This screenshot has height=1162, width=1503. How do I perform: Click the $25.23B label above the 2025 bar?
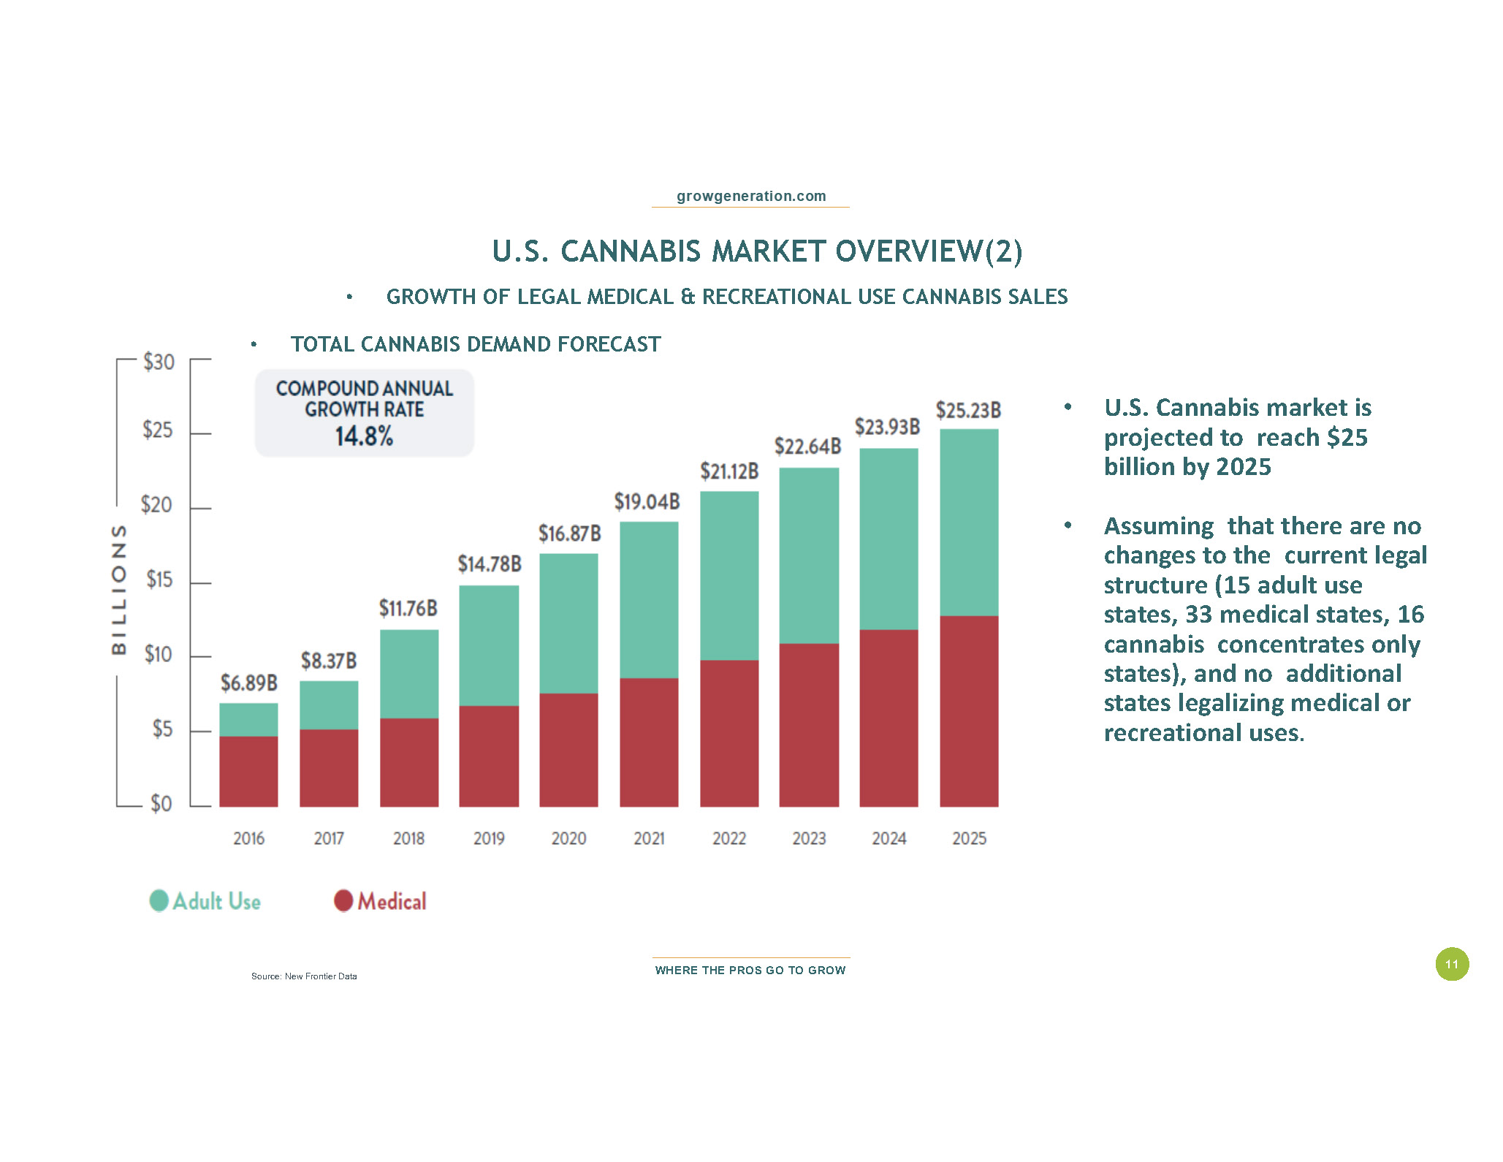tap(968, 411)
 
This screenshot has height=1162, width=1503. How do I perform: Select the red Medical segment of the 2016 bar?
tap(248, 771)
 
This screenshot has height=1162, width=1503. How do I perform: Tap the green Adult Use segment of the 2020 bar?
tap(568, 623)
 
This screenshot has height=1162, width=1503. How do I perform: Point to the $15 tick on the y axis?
tap(159, 580)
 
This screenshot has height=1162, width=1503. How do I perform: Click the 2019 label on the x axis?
tap(489, 838)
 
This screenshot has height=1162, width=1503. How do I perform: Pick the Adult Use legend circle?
tap(159, 900)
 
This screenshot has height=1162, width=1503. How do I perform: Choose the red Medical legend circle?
tap(343, 900)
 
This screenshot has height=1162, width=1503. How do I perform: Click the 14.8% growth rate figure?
tap(364, 436)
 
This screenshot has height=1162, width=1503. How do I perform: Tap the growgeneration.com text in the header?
tap(751, 196)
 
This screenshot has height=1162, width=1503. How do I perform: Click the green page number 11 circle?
tap(1452, 964)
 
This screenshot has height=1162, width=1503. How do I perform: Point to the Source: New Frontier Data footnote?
tap(304, 976)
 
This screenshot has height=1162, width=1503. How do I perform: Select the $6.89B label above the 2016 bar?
tap(249, 683)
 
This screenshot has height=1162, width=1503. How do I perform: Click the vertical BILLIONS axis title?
tap(118, 589)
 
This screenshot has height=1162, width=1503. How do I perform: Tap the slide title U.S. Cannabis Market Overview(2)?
tap(757, 251)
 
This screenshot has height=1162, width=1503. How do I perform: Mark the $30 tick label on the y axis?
tap(159, 362)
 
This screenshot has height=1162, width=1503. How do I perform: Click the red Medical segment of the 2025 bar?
tap(969, 710)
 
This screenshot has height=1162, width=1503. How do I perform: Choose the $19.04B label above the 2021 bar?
tap(647, 502)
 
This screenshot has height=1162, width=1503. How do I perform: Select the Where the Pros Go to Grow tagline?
tap(750, 971)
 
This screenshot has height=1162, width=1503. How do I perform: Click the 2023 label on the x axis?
tap(809, 838)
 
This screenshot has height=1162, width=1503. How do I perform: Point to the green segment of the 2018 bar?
tap(409, 673)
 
